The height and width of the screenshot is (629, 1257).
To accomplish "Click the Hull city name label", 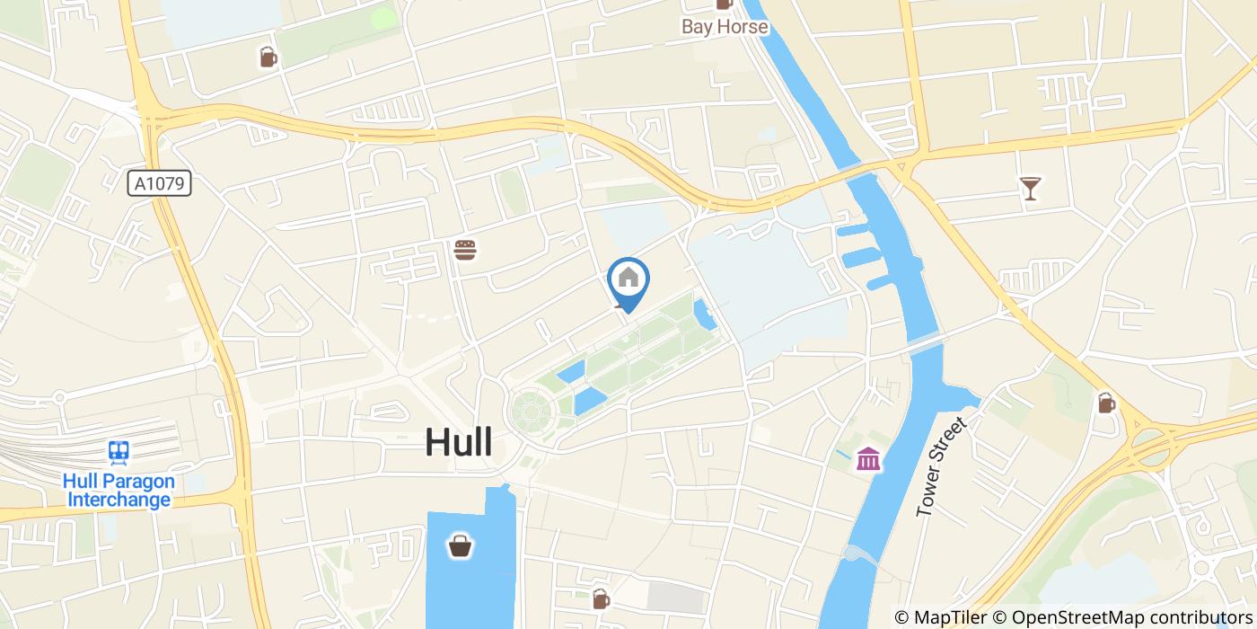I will (458, 442).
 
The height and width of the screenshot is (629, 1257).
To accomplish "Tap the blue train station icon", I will (118, 451).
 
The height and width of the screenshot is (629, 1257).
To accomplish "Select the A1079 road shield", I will (160, 184).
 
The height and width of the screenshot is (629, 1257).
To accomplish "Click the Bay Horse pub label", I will (725, 26).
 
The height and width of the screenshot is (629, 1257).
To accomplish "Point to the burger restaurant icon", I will (464, 250).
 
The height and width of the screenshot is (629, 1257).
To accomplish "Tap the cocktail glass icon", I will (1030, 188).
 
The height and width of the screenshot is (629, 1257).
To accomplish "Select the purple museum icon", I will (868, 459).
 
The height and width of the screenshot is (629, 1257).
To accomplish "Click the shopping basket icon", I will (461, 545).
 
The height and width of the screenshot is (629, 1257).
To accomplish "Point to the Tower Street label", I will (940, 466).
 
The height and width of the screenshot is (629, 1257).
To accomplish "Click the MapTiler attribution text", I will (941, 617).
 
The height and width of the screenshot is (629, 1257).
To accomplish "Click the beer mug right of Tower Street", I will (1106, 403).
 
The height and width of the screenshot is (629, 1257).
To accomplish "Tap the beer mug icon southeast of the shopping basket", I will (601, 598).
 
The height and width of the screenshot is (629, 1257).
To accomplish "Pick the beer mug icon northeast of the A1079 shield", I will (268, 58).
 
